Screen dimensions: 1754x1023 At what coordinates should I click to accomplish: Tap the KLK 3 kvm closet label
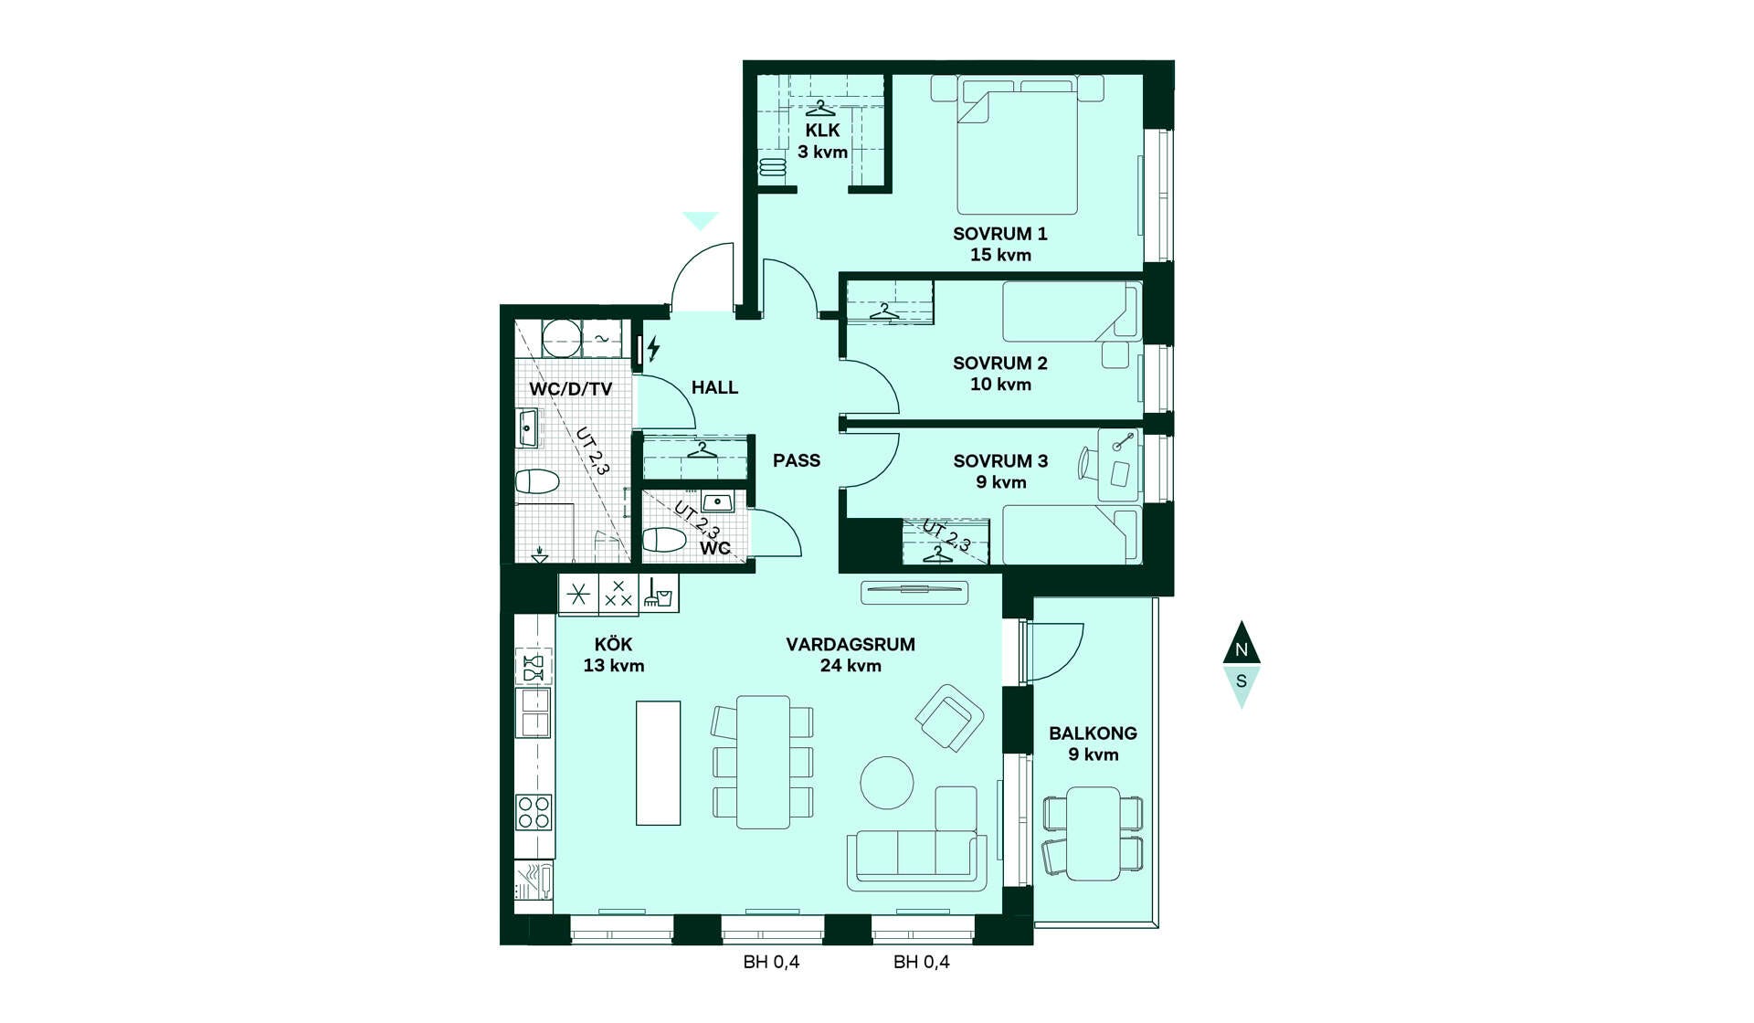click(x=822, y=141)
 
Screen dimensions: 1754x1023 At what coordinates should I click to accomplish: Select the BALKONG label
click(x=1093, y=733)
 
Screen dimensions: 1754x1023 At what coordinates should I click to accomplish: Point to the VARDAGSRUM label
click(x=851, y=644)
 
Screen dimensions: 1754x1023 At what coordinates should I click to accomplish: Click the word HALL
click(x=714, y=387)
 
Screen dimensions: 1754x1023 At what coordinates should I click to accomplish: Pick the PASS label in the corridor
click(x=797, y=460)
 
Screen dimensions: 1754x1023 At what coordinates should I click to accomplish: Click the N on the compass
click(x=1241, y=649)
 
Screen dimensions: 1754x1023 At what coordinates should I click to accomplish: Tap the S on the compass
click(x=1241, y=681)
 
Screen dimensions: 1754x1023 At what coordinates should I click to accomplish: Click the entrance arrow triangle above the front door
click(x=701, y=220)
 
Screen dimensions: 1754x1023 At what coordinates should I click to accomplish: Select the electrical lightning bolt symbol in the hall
click(x=653, y=348)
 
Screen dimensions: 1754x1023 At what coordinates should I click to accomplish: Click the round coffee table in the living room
click(x=887, y=783)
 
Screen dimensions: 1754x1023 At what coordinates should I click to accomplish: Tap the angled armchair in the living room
click(x=950, y=718)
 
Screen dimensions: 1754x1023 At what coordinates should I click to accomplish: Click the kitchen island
click(x=658, y=763)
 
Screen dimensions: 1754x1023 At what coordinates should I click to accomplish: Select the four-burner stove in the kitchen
click(x=534, y=812)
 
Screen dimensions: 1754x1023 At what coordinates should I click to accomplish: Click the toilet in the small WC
click(x=664, y=540)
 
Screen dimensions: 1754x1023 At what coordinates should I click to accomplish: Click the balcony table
click(x=1094, y=833)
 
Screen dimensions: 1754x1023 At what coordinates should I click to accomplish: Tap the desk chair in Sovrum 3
click(x=1088, y=462)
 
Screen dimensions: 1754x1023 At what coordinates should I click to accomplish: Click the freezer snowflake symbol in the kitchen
click(x=578, y=595)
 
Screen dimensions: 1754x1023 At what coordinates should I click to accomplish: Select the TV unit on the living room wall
click(x=914, y=592)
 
